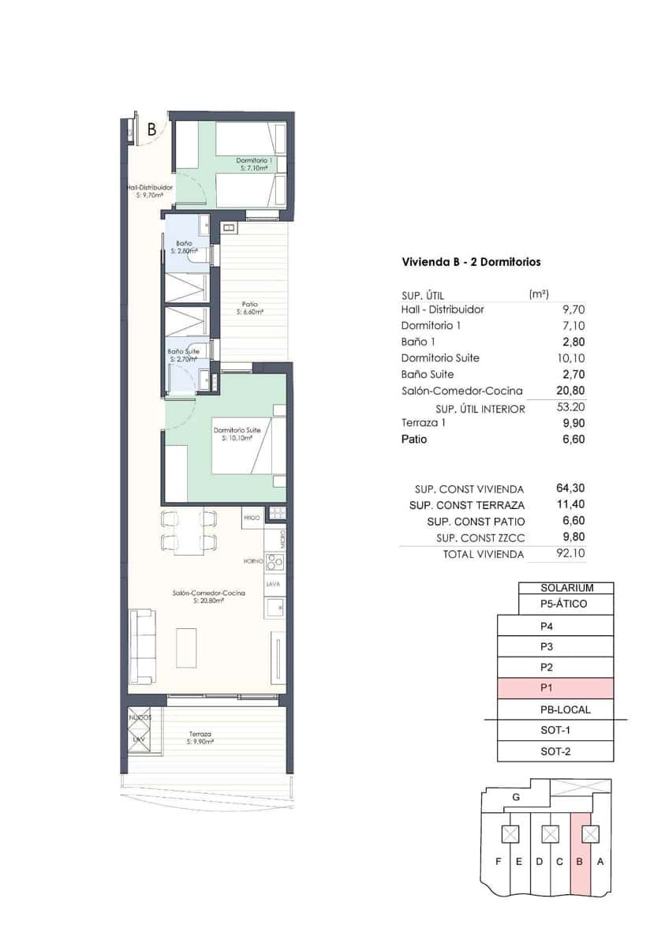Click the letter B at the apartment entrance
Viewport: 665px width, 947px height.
click(151, 130)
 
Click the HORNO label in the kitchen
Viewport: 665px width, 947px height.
click(252, 561)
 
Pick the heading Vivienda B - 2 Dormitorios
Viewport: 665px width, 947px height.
click(471, 262)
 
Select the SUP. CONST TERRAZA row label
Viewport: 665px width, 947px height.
click(467, 505)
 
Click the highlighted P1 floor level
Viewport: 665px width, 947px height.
click(555, 688)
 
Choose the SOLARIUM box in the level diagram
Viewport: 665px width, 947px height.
click(566, 588)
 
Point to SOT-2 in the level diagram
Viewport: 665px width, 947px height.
click(555, 751)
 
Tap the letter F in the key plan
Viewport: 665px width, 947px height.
click(498, 861)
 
